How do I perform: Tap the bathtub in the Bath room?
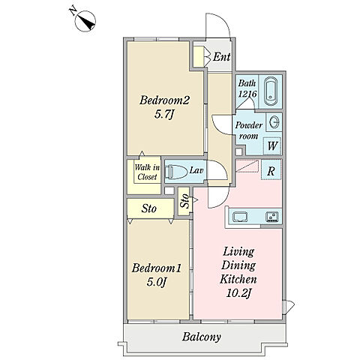(271, 91)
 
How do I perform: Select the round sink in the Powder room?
(274, 122)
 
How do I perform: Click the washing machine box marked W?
(273, 145)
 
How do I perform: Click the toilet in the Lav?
(177, 172)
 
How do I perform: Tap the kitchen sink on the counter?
(240, 217)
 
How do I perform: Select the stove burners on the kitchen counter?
(272, 217)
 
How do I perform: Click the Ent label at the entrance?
(221, 57)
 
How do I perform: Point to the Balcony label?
(202, 337)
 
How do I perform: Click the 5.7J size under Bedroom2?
(163, 115)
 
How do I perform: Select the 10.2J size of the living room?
(238, 293)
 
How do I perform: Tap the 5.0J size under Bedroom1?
(156, 282)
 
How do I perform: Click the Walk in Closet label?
(147, 172)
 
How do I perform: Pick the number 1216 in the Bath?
(247, 94)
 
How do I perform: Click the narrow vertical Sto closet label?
(184, 201)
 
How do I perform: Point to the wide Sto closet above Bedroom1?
(151, 208)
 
